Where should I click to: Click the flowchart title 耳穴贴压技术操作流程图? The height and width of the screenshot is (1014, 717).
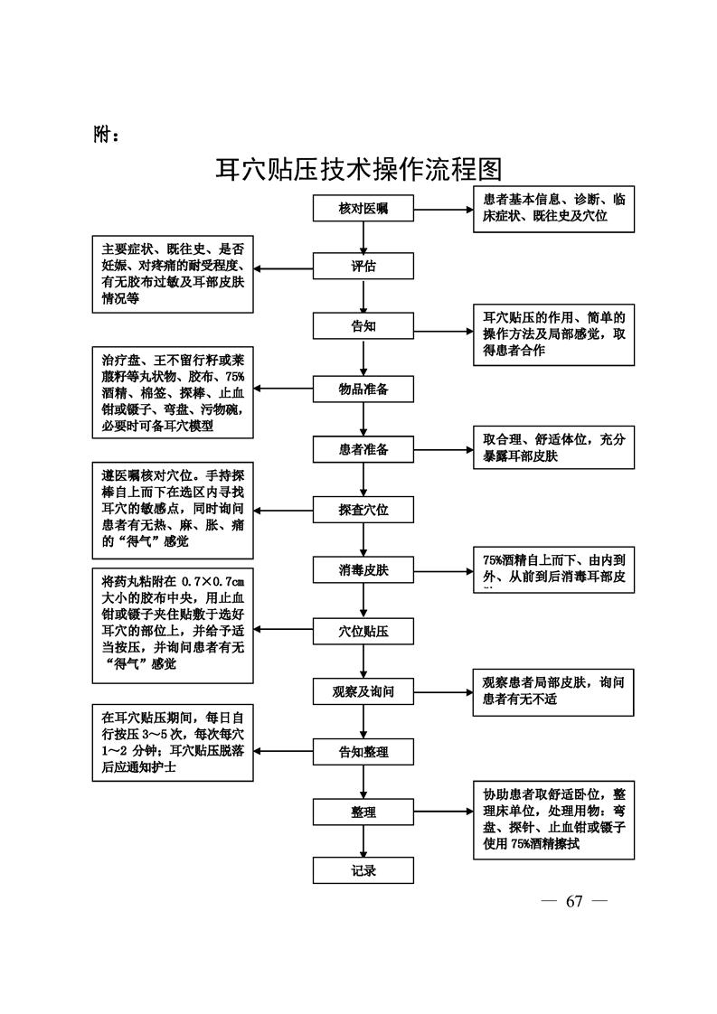pos(358,169)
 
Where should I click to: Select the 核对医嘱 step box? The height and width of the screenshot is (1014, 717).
pos(363,209)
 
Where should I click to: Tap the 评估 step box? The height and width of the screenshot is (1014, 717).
pos(363,267)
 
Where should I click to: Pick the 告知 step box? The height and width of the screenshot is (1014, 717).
pos(363,326)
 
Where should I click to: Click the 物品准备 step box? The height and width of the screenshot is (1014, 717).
pos(363,390)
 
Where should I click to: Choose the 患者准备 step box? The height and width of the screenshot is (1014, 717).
pos(363,449)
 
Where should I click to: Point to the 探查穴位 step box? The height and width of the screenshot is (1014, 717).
pos(363,510)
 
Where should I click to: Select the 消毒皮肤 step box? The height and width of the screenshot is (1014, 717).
pos(363,570)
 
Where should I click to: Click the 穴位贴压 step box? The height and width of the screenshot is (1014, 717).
pos(363,631)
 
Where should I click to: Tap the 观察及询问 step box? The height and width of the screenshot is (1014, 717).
pos(363,693)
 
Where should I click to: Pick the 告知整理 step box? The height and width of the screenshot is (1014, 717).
pos(363,752)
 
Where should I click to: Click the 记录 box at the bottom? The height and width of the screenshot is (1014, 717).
pos(363,871)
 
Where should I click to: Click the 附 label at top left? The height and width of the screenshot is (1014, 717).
pos(107,135)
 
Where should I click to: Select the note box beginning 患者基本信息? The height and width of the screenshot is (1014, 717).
pos(553,208)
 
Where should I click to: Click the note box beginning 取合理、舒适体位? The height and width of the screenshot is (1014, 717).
pos(553,448)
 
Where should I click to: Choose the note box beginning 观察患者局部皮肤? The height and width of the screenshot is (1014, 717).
pos(553,691)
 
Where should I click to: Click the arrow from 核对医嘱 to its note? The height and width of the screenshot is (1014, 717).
pos(443,209)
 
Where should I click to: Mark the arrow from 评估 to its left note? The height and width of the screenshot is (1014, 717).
pos(284,268)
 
